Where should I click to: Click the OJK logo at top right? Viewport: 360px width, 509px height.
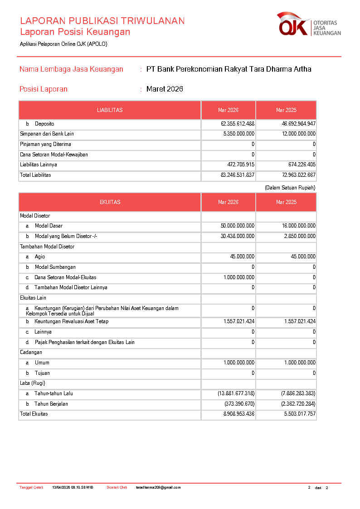(308, 24)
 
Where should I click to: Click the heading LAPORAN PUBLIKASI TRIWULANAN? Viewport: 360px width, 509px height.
(102, 21)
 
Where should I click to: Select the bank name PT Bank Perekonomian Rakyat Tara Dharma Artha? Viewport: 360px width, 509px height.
(229, 69)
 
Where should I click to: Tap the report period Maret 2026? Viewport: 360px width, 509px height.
(165, 89)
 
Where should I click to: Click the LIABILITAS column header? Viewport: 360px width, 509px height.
(110, 110)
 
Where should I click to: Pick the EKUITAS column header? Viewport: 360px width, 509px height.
(110, 202)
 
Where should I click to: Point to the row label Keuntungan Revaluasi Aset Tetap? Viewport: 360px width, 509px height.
(71, 322)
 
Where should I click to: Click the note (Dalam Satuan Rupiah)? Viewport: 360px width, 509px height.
(290, 188)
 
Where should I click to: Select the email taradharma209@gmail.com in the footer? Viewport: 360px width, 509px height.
(158, 488)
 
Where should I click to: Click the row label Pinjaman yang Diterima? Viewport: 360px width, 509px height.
(45, 145)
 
